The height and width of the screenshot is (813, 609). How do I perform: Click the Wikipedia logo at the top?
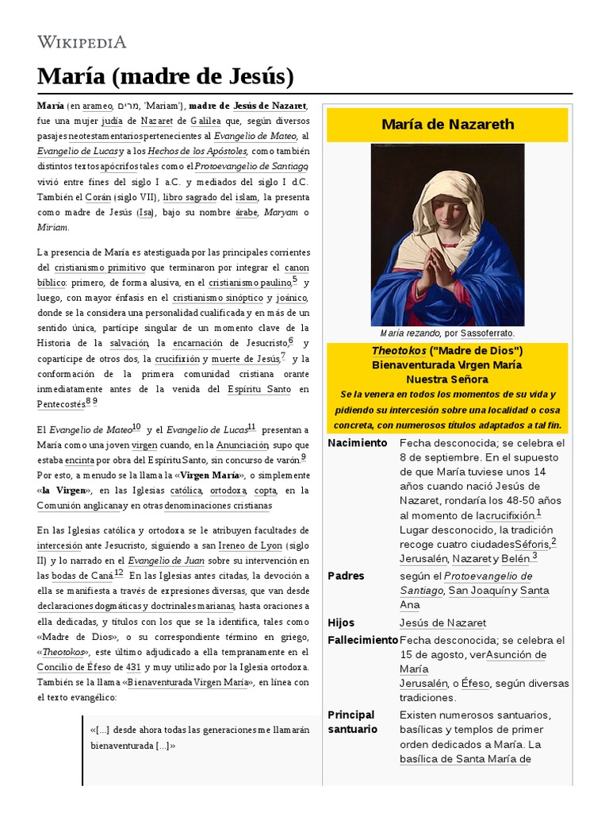[x=82, y=41]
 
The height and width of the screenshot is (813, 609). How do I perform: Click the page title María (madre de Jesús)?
[x=166, y=77]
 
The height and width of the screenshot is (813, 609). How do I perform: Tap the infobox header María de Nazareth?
[x=447, y=124]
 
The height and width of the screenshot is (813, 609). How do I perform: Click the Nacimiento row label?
[x=358, y=443]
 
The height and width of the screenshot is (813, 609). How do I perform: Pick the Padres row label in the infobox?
[x=346, y=576]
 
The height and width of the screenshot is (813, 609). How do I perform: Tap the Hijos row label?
[x=341, y=623]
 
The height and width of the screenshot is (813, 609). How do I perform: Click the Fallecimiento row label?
[x=362, y=641]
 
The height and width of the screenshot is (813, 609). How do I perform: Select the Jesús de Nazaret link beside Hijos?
[x=442, y=623]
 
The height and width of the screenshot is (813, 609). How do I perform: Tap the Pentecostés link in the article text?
[x=60, y=404]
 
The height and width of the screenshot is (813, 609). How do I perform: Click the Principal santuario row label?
[x=352, y=722]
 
